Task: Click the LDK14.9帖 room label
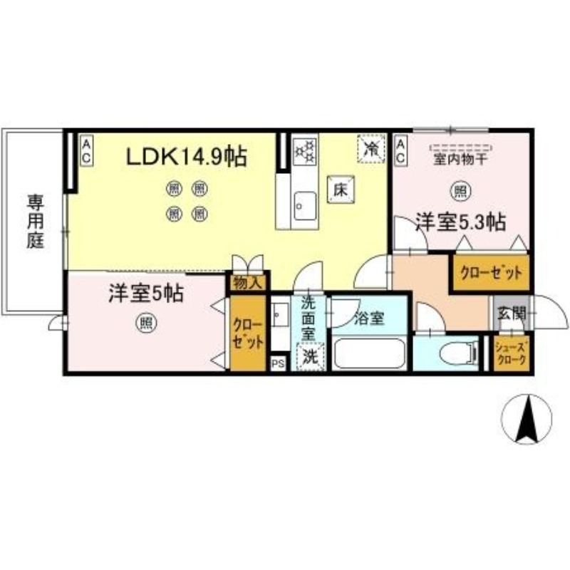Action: pos(187,156)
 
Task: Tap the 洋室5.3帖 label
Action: pos(460,223)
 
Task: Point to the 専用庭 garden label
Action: pos(36,220)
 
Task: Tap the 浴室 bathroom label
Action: pos(370,318)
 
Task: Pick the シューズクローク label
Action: pos(512,355)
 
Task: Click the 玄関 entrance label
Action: pos(511,312)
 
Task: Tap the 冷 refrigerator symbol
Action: pos(370,150)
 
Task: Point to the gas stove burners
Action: pos(306,151)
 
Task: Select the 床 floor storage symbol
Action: pos(340,189)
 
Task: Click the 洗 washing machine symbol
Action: pos(309,356)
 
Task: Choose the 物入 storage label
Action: pos(247,282)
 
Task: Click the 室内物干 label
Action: pos(460,160)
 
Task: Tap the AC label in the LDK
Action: pos(85,150)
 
